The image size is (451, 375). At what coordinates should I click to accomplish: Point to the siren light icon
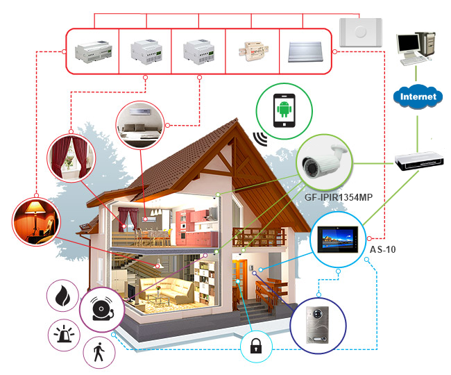65,335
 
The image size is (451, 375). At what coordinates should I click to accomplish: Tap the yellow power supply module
252,50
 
